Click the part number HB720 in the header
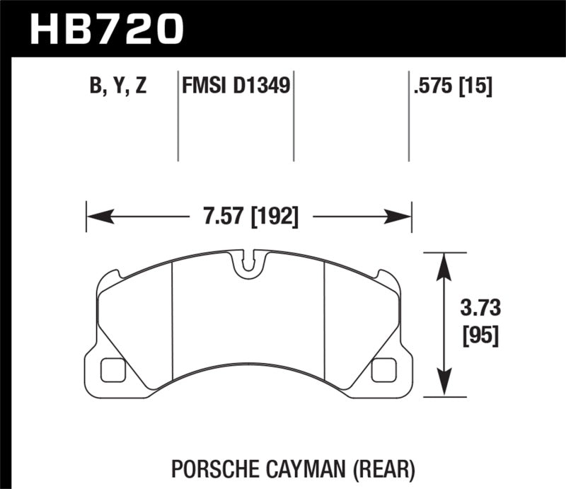pos(105,30)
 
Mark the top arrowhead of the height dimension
pos(444,260)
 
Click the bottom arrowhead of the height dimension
pos(444,386)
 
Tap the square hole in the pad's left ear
pos(112,368)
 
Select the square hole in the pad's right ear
pos(383,368)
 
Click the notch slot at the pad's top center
pos(248,263)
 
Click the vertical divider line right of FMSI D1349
pos(293,117)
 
